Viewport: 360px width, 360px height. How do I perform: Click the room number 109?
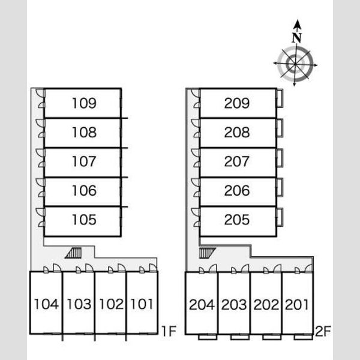[x=84, y=103]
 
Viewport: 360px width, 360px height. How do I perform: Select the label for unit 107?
[x=84, y=161]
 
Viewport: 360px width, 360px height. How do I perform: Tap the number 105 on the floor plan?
[x=84, y=220]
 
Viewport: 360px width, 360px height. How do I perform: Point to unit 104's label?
[x=46, y=304]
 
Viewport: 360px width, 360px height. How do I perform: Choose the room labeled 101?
[x=142, y=304]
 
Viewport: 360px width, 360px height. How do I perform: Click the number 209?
[x=237, y=103]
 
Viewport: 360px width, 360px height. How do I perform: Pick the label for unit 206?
[x=237, y=191]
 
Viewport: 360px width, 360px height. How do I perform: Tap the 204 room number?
[x=202, y=304]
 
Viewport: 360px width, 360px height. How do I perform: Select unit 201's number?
[x=296, y=304]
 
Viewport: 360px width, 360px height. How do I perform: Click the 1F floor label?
[x=169, y=331]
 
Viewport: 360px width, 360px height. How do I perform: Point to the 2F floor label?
[x=323, y=331]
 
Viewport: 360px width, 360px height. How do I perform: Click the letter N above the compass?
[x=296, y=38]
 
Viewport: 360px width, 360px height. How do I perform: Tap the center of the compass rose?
[x=295, y=64]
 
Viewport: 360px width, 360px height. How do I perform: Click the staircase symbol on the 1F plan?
[x=73, y=253]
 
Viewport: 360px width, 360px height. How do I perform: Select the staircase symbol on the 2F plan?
[x=207, y=253]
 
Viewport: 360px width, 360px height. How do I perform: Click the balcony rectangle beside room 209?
[x=280, y=98]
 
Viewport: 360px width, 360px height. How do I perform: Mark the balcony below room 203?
[x=239, y=337]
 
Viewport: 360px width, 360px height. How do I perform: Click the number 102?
[x=112, y=304]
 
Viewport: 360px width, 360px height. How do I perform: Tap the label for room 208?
[x=237, y=132]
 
